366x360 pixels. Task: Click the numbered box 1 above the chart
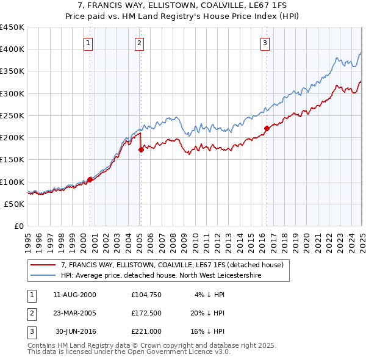click(x=88, y=43)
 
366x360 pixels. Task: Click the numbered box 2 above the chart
click(x=140, y=43)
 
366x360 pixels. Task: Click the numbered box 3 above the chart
click(x=265, y=43)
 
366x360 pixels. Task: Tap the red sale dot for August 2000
click(x=90, y=179)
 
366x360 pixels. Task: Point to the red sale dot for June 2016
click(x=267, y=128)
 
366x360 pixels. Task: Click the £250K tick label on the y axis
click(x=12, y=115)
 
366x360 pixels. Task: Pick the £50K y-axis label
click(x=14, y=204)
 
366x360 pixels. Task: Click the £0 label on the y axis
click(x=19, y=226)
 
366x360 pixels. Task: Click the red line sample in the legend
click(x=43, y=265)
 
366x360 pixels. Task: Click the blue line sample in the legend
click(x=43, y=276)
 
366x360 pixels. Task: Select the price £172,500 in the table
click(x=146, y=313)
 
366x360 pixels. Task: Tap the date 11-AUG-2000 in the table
click(x=74, y=295)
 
